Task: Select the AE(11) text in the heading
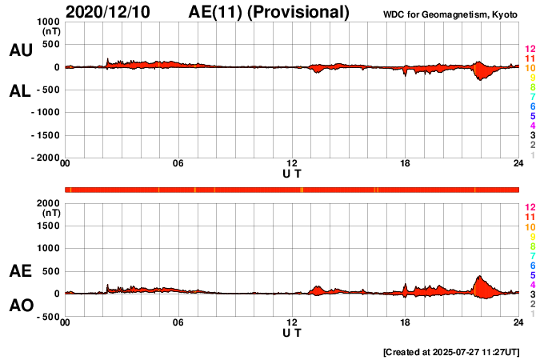218,12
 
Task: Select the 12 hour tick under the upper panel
292,164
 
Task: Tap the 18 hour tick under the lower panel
405,323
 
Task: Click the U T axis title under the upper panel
292,174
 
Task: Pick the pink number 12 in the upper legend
530,50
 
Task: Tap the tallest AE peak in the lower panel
480,277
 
